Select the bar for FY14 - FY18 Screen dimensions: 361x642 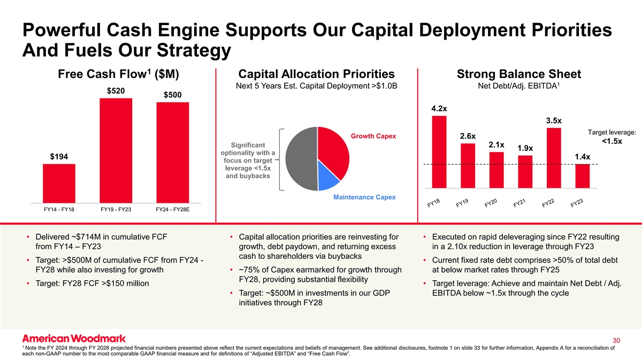coord(59,183)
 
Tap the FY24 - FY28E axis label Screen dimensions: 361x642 coord(173,209)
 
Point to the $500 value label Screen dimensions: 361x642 coord(172,95)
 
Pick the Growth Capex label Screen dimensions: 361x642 coord(373,136)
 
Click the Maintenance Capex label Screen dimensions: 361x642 coord(364,197)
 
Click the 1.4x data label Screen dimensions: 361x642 coord(583,157)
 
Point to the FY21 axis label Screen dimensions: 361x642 coord(519,204)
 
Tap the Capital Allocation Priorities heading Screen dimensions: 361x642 coord(317,74)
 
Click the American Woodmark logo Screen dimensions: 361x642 coord(74,338)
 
